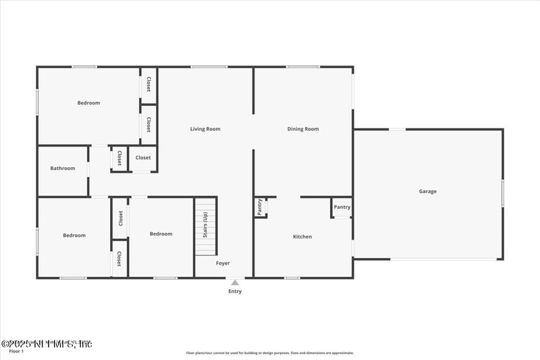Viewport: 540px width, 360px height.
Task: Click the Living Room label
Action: click(x=205, y=129)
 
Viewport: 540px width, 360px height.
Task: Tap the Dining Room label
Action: click(x=303, y=129)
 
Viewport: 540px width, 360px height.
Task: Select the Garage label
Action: click(x=427, y=191)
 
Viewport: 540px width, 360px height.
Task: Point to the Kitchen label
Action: click(x=302, y=236)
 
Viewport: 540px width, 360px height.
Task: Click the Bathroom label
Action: click(x=63, y=168)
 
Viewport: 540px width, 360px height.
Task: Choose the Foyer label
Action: click(x=223, y=263)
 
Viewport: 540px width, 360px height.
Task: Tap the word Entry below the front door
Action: click(x=235, y=292)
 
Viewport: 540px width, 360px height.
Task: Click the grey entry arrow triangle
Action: click(x=235, y=283)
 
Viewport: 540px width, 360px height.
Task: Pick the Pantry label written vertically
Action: click(x=259, y=207)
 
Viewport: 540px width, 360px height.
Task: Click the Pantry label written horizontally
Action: click(x=342, y=207)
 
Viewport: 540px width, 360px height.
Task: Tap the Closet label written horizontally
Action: click(x=143, y=158)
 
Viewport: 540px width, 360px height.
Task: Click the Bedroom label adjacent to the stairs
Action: click(x=161, y=234)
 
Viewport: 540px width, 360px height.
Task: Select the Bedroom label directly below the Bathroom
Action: click(x=74, y=235)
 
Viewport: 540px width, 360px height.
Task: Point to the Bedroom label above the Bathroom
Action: click(x=88, y=103)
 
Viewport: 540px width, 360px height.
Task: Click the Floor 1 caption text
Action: click(x=16, y=351)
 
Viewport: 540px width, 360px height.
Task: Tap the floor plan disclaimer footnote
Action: click(x=270, y=353)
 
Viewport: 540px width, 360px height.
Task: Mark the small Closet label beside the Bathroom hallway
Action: click(x=119, y=158)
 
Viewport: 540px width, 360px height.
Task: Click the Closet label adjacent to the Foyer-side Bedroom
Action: click(x=121, y=217)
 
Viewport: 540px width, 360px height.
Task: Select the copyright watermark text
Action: click(x=47, y=344)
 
